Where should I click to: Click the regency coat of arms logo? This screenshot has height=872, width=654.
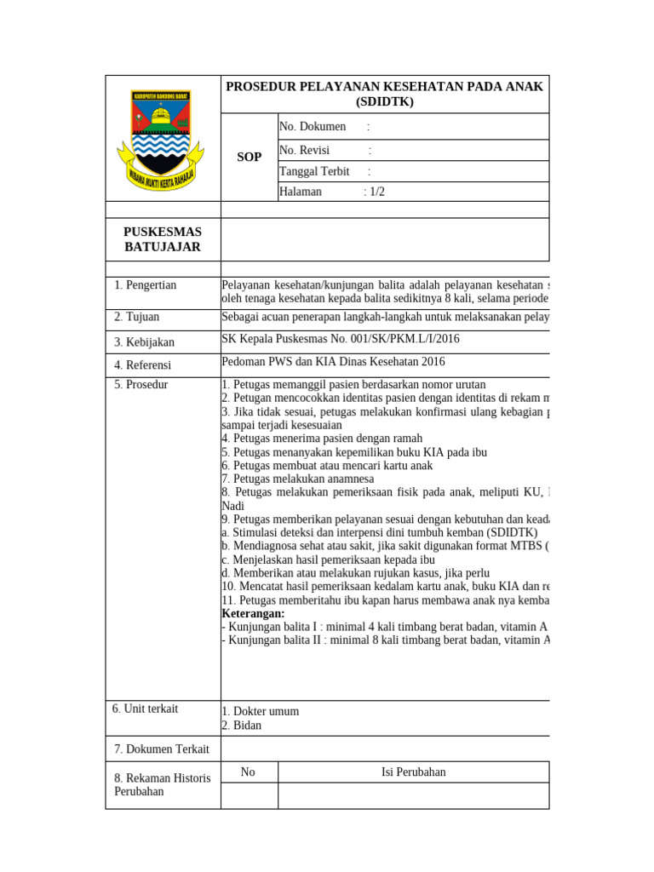tap(161, 140)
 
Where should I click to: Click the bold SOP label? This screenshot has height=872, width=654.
tap(249, 158)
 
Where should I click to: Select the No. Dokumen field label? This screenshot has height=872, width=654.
tap(313, 127)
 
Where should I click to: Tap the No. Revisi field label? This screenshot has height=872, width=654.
tap(304, 151)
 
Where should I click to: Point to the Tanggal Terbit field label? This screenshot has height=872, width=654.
tap(314, 171)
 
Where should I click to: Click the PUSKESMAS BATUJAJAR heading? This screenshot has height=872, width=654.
tap(162, 239)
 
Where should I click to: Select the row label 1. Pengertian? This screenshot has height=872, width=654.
tap(145, 285)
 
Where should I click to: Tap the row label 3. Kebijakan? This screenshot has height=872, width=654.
tap(144, 342)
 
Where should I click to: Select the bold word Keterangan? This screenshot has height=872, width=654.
tap(253, 614)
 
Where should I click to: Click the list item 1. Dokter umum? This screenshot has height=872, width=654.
tap(260, 712)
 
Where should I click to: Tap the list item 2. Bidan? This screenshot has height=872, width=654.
tap(241, 726)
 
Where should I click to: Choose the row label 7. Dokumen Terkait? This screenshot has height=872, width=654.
tap(162, 749)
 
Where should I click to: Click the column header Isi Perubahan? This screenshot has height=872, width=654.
tap(413, 772)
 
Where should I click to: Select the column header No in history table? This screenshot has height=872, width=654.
tap(248, 772)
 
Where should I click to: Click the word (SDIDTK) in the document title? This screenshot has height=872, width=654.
tap(383, 102)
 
